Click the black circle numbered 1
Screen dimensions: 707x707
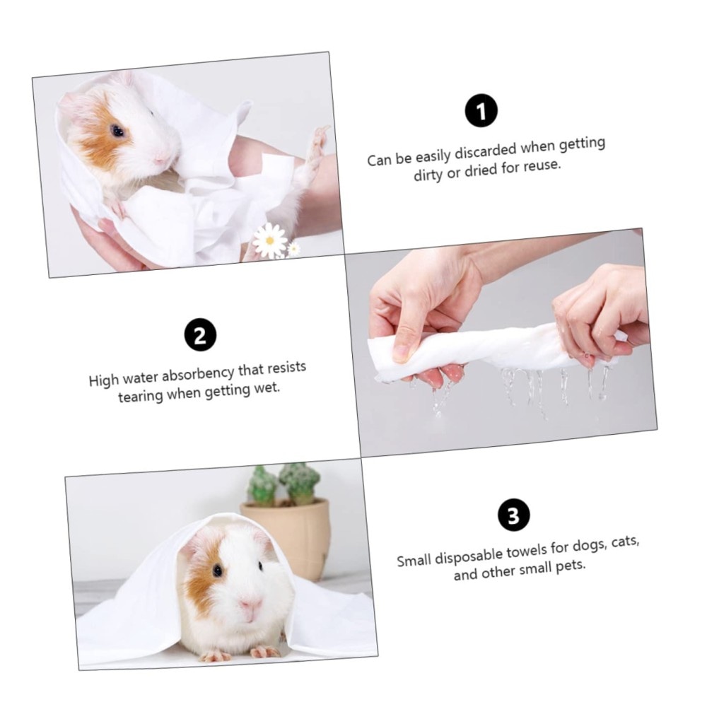[x=481, y=111]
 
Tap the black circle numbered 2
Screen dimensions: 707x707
[x=200, y=335]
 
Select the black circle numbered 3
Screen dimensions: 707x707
[x=513, y=515]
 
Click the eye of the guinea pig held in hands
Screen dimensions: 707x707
[x=117, y=132]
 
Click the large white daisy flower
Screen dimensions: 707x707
[x=269, y=240]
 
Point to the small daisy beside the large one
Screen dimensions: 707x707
[x=293, y=248]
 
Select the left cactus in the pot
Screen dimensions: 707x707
[x=262, y=486]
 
